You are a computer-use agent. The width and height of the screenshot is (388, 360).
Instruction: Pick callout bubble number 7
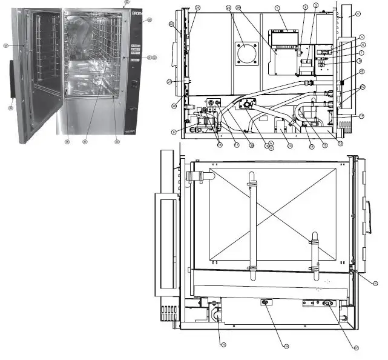pos(361,53)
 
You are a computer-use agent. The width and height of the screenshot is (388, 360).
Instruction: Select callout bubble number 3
pos(315,5)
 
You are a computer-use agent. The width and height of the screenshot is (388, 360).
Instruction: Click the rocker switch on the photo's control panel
pos(134,84)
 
